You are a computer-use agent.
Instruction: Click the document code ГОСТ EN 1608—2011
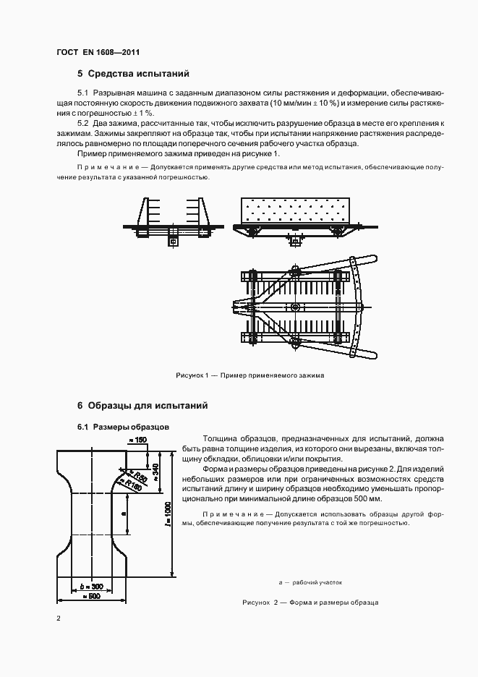[98, 52]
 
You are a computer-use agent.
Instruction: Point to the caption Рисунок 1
[250, 376]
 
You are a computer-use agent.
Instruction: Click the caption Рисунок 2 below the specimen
[310, 603]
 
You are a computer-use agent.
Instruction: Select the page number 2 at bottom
[59, 618]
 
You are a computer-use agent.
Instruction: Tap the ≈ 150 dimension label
[137, 439]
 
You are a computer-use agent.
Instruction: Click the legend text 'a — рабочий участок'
[310, 582]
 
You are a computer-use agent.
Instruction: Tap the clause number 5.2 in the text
[82, 124]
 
